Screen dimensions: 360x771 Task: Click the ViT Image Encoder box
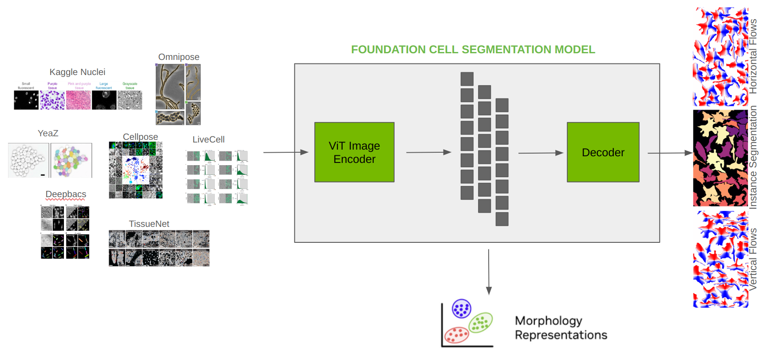click(x=354, y=152)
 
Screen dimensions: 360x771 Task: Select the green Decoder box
click(x=603, y=152)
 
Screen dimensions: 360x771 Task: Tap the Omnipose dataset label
click(x=178, y=57)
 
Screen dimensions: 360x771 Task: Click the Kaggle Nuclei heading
click(x=77, y=72)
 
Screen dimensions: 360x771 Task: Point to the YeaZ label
click(x=48, y=133)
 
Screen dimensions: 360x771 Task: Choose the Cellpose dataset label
click(x=140, y=137)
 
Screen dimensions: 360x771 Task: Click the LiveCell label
click(x=208, y=139)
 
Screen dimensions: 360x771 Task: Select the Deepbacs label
click(x=66, y=194)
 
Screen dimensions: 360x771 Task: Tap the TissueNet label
click(x=149, y=224)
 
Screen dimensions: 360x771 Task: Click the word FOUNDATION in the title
click(x=388, y=49)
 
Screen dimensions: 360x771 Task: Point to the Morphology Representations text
click(x=561, y=328)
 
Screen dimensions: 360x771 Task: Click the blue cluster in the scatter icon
click(x=461, y=309)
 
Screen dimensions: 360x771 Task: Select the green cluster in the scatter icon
click(x=481, y=323)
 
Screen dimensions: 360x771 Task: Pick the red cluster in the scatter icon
click(x=457, y=335)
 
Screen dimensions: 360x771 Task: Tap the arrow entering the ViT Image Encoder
click(x=285, y=152)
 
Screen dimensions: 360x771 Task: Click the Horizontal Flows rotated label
click(x=753, y=56)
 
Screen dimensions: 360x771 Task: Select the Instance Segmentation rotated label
click(x=753, y=157)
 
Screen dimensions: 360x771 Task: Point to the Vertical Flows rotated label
click(x=753, y=259)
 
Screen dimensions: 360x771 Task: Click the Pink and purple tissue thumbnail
click(x=79, y=100)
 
